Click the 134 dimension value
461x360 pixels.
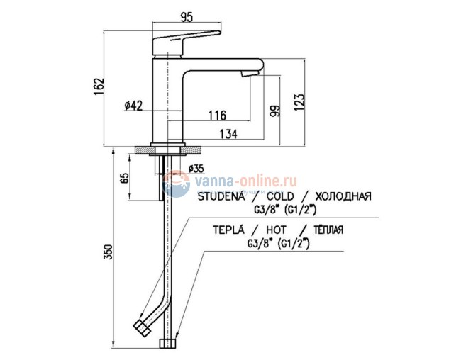click(x=227, y=134)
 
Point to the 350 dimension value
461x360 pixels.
click(x=109, y=253)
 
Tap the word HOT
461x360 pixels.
click(x=276, y=231)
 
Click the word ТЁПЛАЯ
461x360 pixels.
click(x=328, y=231)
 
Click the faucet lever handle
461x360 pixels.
click(x=187, y=39)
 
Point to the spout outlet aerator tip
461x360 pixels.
click(x=248, y=74)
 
